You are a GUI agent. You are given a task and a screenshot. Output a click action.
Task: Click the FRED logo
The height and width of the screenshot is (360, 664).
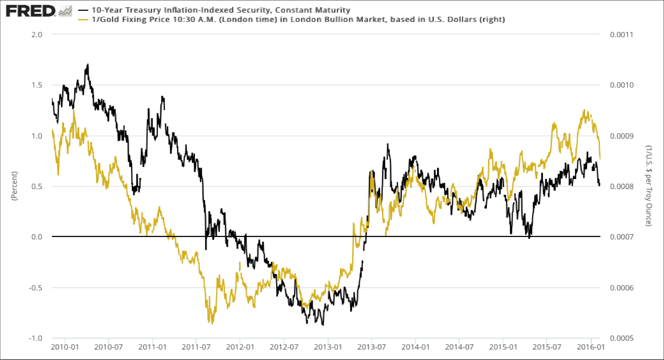tap(31, 10)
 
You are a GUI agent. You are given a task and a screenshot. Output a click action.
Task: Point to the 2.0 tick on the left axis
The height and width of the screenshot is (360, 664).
tap(37, 35)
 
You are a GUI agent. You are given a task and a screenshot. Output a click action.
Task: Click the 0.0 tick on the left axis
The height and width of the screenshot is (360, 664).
tap(37, 237)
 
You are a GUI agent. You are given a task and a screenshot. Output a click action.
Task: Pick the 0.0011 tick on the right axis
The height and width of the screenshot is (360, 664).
tap(620, 35)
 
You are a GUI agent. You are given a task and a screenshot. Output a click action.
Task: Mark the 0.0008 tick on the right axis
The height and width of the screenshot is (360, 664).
tap(620, 187)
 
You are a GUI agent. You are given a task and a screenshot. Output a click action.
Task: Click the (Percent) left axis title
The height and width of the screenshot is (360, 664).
tap(16, 186)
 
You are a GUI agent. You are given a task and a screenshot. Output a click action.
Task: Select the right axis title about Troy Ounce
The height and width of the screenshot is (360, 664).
tap(649, 186)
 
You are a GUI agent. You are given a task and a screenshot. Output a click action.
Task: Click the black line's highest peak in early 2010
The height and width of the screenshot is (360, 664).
tap(88, 65)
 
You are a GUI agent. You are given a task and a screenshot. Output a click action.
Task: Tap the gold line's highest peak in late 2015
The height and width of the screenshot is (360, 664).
tap(584, 110)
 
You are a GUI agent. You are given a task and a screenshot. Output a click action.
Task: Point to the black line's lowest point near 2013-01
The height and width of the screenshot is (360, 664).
tap(323, 324)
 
